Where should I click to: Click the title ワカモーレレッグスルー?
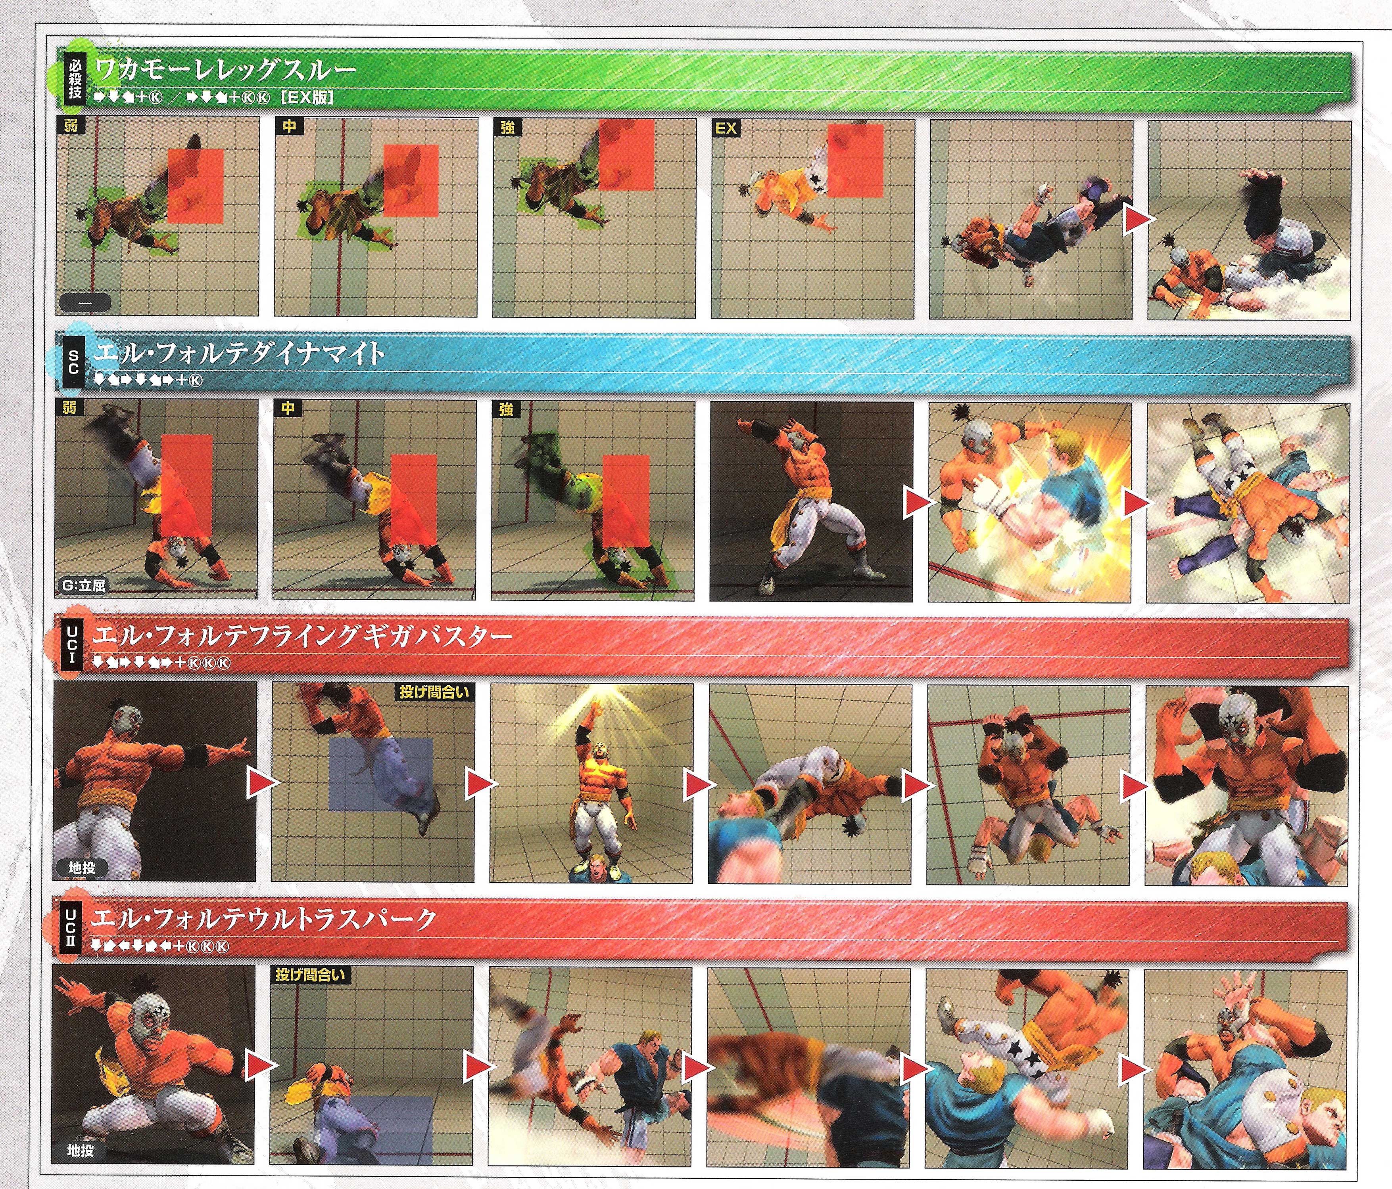pos(225,69)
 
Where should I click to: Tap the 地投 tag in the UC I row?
pos(82,868)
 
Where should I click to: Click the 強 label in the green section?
pos(507,127)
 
